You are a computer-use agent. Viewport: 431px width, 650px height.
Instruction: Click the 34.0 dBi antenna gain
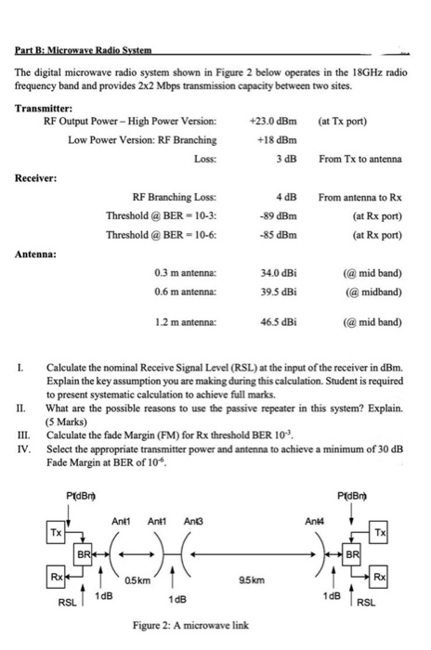pos(278,272)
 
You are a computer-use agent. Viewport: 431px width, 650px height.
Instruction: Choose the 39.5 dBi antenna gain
pos(278,291)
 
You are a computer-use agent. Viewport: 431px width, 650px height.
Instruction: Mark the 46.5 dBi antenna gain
pos(278,323)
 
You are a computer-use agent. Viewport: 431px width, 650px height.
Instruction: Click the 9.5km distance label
pos(261,578)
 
